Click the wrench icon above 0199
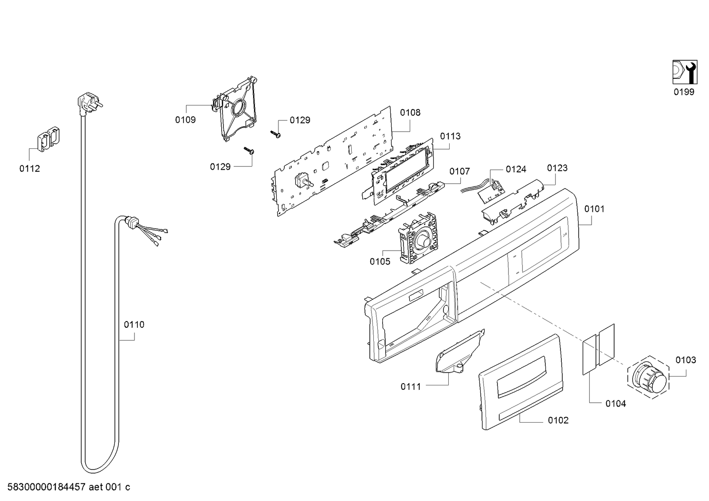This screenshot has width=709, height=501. pos(684,72)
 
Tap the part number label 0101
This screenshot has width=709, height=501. pos(594,209)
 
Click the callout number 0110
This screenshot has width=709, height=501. pos(134,325)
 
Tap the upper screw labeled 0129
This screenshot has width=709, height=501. pos(275,133)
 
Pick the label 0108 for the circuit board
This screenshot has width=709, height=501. pos(410,113)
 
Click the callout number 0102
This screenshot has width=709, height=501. pos(558,420)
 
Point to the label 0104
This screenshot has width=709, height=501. pos(615,404)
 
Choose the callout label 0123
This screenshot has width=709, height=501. pos(557,168)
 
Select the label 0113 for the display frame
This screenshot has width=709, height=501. pos(450,136)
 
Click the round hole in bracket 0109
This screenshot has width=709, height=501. pos(239,109)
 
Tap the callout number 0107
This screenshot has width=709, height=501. pos(459,171)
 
